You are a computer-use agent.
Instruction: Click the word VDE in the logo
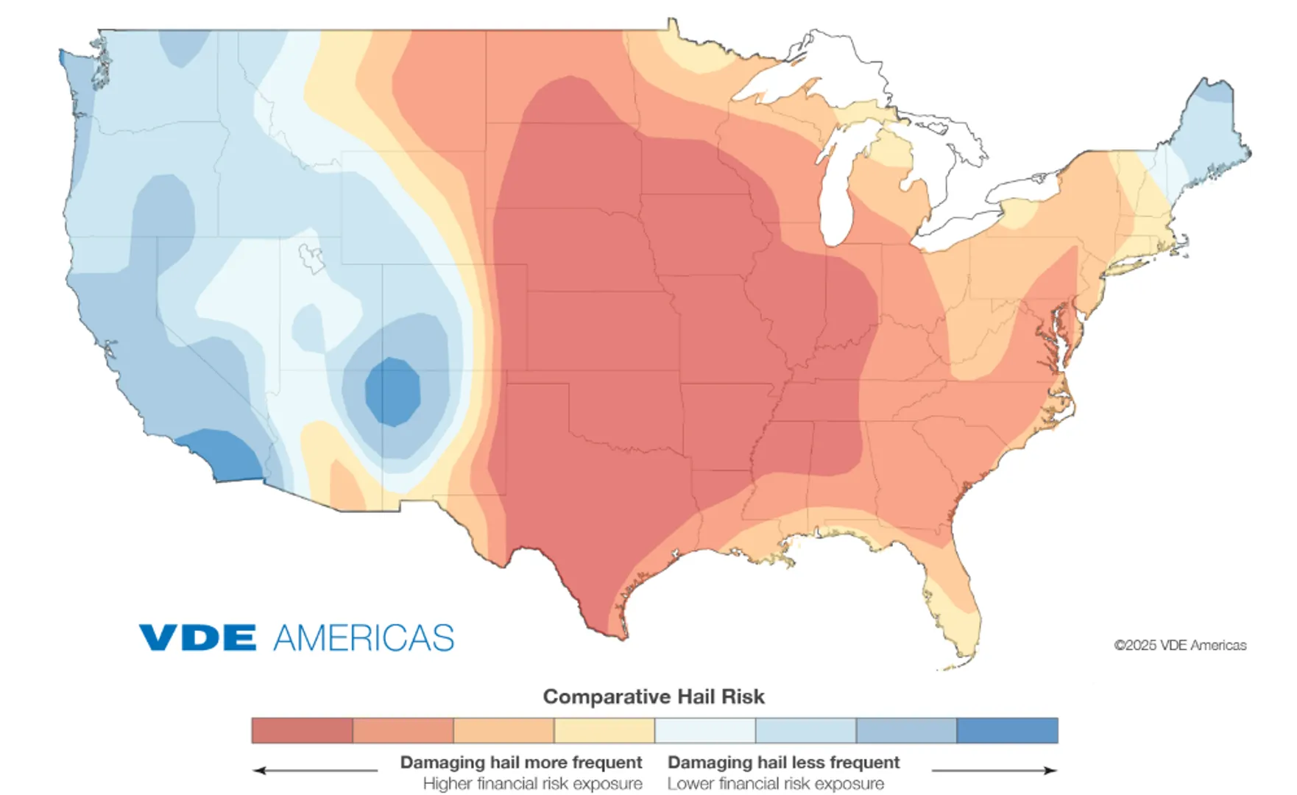(x=197, y=637)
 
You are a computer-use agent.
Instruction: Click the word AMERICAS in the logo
(x=364, y=638)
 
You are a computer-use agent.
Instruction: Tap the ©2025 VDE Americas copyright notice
(x=1180, y=646)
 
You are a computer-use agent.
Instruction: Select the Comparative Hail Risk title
(x=654, y=696)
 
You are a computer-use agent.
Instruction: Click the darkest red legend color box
(x=302, y=730)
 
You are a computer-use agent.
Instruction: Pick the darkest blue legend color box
(x=1007, y=730)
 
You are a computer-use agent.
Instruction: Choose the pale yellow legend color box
(x=604, y=730)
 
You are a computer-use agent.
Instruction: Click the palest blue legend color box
(x=705, y=730)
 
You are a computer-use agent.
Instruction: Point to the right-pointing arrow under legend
(x=994, y=771)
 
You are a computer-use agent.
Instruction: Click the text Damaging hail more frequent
(x=520, y=762)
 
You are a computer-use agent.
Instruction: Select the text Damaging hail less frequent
(x=783, y=762)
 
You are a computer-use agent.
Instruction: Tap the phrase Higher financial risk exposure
(x=532, y=784)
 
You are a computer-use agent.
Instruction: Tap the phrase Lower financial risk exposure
(x=776, y=784)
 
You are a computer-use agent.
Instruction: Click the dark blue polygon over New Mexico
(x=392, y=391)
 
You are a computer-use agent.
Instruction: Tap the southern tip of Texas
(x=618, y=633)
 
